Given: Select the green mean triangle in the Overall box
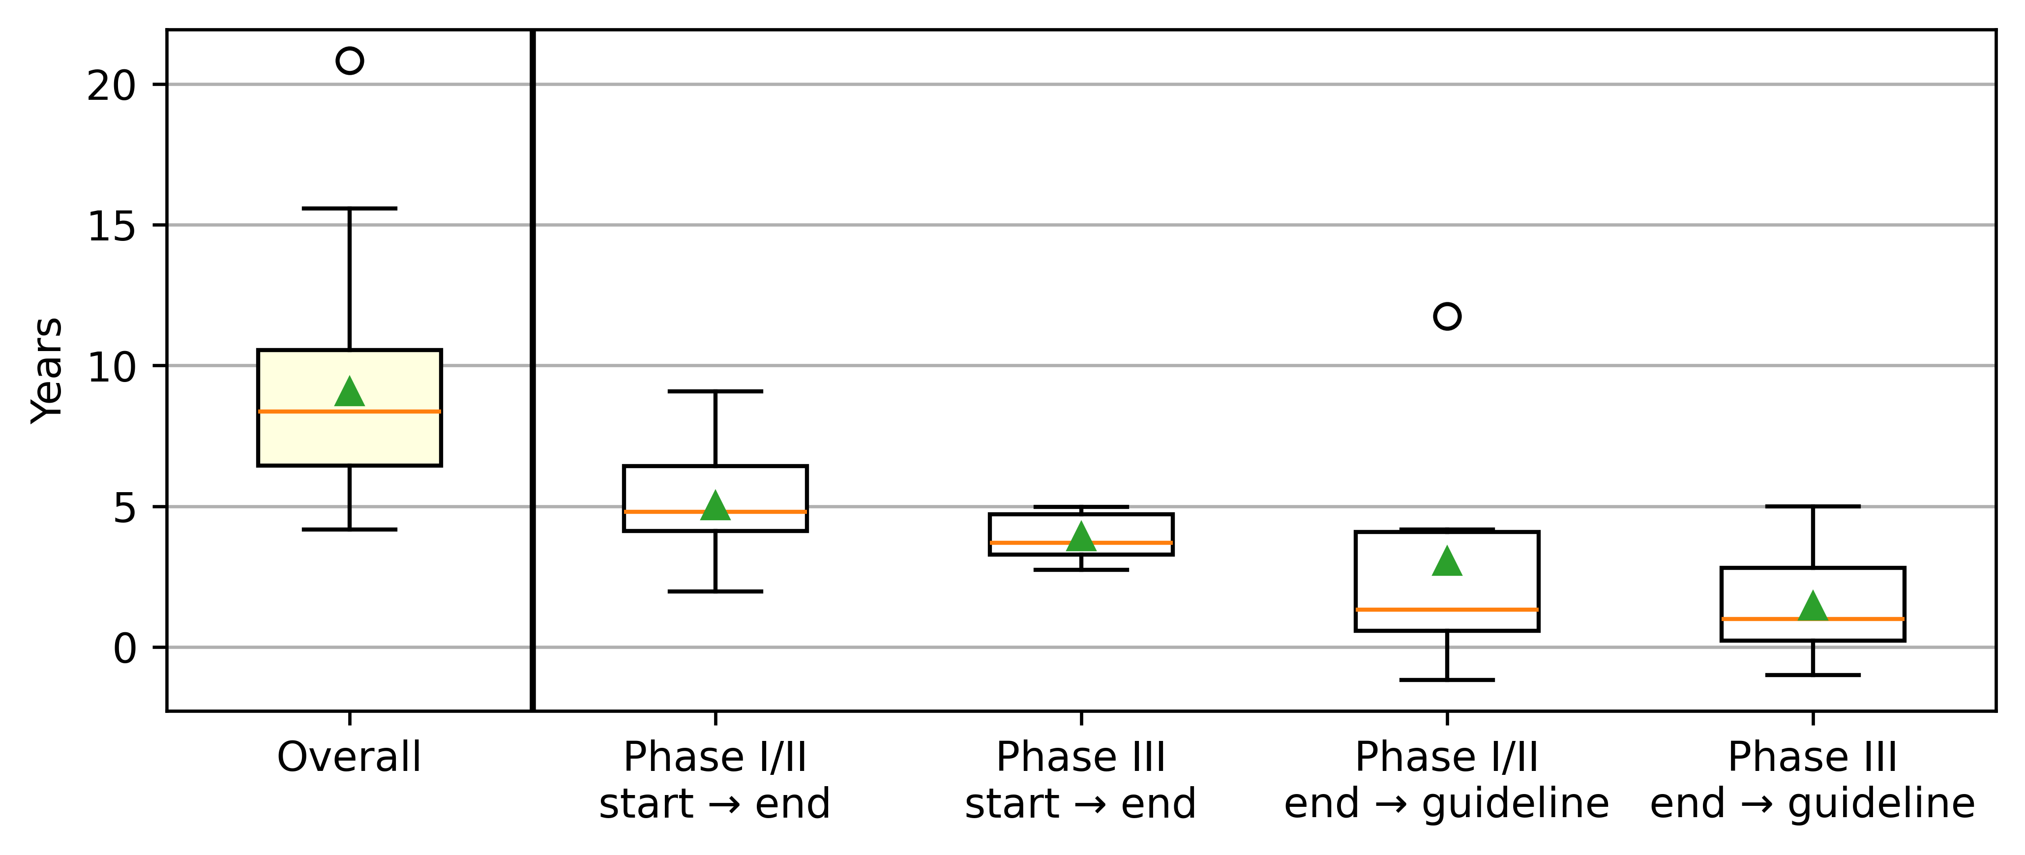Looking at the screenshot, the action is (350, 391).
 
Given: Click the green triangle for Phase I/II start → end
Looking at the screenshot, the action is (715, 505).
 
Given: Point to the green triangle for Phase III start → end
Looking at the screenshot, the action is (1082, 536).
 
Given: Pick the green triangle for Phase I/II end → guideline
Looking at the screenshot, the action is (1447, 561).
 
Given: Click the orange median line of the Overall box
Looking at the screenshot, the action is (350, 411).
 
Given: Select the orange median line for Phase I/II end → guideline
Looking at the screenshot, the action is (1447, 609).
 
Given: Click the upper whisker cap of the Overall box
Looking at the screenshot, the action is (350, 208).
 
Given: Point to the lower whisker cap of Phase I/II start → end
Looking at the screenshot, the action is (715, 591).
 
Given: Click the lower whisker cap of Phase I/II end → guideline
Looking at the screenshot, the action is (1447, 680).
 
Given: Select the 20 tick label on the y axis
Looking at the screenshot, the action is (112, 86).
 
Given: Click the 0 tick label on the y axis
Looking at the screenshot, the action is (125, 649).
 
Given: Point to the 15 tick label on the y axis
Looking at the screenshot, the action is (112, 226).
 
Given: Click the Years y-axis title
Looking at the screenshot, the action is (47, 370).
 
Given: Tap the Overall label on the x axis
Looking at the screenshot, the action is (350, 758).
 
